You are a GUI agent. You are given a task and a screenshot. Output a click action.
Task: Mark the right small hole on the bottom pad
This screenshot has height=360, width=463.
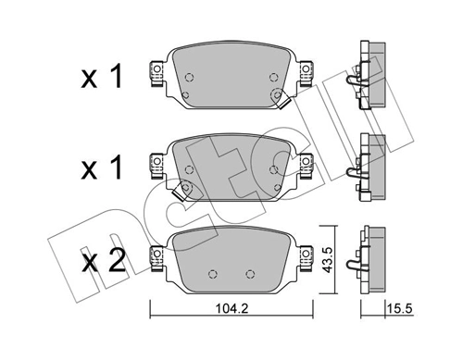pyautogui.click(x=250, y=272)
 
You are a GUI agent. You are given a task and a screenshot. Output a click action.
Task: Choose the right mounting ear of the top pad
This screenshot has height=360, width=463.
pyautogui.click(x=305, y=73)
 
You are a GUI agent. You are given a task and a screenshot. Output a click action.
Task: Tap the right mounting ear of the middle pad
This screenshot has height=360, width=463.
pyautogui.click(x=305, y=162)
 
